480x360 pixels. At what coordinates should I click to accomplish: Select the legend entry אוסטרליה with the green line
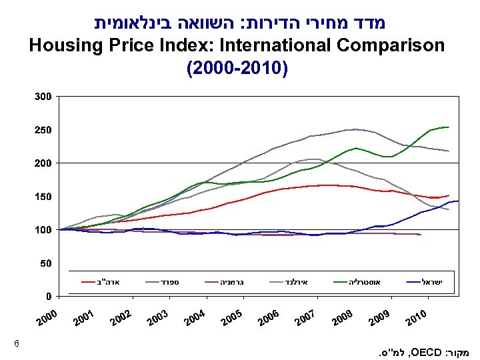pyautogui.click(x=364, y=282)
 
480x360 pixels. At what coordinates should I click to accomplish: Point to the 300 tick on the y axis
pyautogui.click(x=43, y=97)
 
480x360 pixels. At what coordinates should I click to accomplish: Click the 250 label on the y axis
pyautogui.click(x=43, y=129)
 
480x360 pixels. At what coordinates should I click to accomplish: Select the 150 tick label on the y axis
pyautogui.click(x=43, y=197)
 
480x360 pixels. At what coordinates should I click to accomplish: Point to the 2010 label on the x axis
pyautogui.click(x=417, y=321)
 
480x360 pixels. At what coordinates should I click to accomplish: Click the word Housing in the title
pyautogui.click(x=61, y=45)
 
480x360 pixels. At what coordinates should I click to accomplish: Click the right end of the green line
pyautogui.click(x=449, y=127)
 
